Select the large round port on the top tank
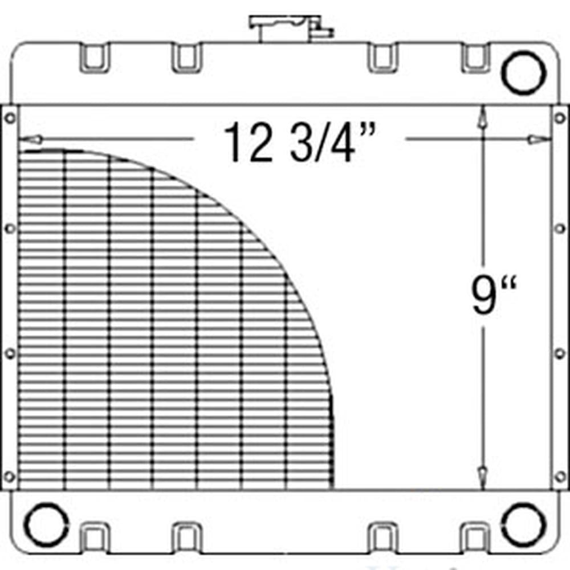[523, 72]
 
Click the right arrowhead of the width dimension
[539, 139]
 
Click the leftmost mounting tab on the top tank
[94, 58]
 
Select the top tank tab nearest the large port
[474, 58]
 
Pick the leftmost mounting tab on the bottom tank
[94, 536]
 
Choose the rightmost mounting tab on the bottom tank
[474, 536]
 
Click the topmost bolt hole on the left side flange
[10, 119]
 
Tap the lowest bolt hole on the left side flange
[10, 475]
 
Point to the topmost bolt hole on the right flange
[560, 119]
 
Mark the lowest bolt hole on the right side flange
[560, 475]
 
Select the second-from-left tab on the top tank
[186, 58]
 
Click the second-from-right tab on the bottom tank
[382, 536]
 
